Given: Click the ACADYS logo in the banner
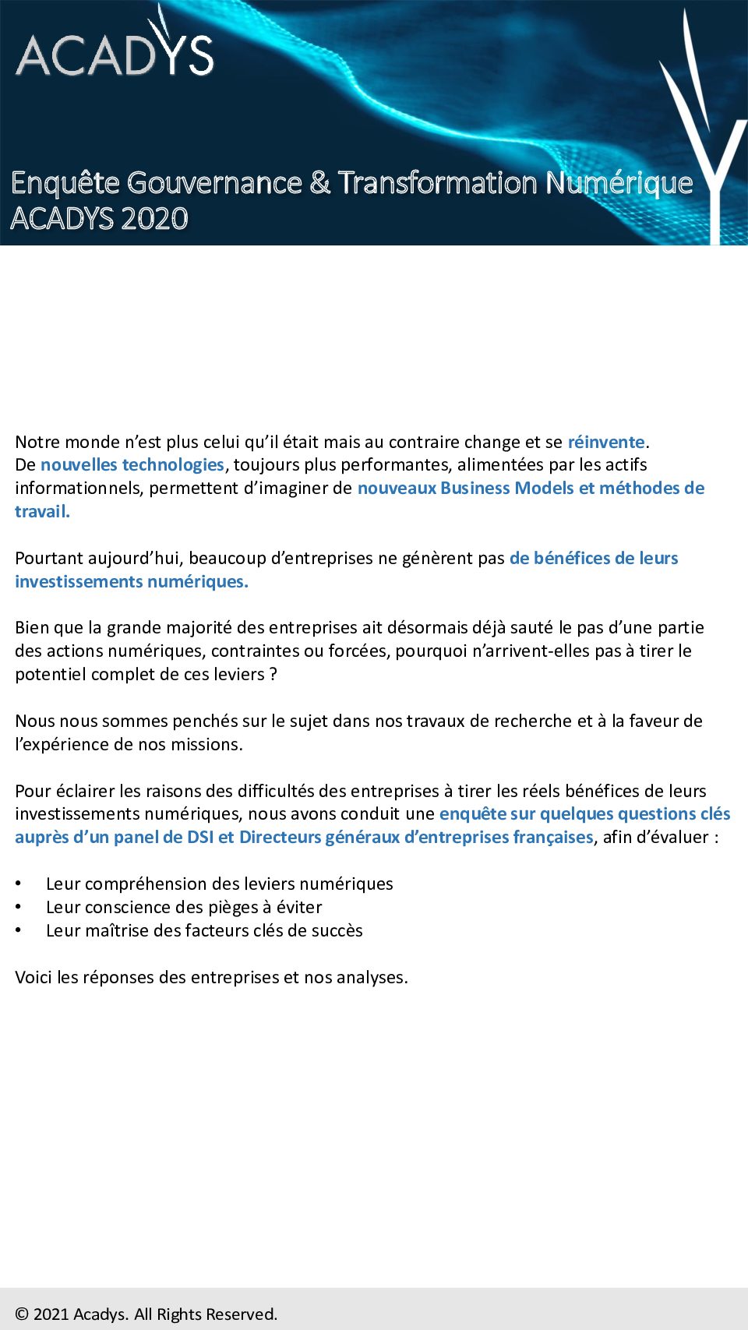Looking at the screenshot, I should [x=115, y=52].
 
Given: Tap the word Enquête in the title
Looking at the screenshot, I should [x=65, y=183].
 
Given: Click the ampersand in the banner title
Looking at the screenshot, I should [x=319, y=183].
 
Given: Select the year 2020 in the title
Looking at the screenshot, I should [x=154, y=219].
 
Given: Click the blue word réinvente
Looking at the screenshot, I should [x=606, y=442].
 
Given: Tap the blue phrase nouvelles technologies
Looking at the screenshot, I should [x=132, y=465].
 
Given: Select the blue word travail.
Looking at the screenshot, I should [x=42, y=512].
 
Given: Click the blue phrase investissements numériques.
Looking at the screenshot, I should [x=132, y=582].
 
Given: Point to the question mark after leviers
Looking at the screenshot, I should [x=273, y=675].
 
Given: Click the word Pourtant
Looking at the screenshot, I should [x=49, y=559].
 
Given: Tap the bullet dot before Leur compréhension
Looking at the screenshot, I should [x=19, y=884].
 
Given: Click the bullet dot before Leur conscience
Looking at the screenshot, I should [x=19, y=907].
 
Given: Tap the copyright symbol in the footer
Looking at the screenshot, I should [x=22, y=1314].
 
